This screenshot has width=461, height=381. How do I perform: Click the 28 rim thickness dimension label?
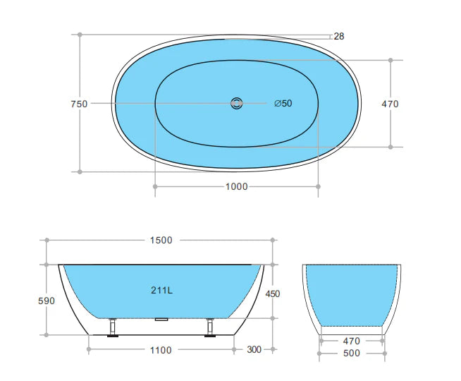pyautogui.click(x=339, y=36)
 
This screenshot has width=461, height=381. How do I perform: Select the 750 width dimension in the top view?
pyautogui.click(x=79, y=104)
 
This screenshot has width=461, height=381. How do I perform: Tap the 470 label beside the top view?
pyautogui.click(x=390, y=104)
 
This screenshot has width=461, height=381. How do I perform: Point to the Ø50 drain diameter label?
pyautogui.click(x=283, y=104)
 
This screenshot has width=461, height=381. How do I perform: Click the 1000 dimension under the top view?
pyautogui.click(x=236, y=186)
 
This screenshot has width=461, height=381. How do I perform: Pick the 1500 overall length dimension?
pyautogui.click(x=161, y=240)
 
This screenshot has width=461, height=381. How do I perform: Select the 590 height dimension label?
pyautogui.click(x=46, y=301)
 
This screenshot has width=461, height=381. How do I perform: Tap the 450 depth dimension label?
pyautogui.click(x=273, y=294)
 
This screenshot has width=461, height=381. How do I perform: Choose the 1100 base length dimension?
pyautogui.click(x=160, y=349)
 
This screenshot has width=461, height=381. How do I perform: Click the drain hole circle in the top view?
pyautogui.click(x=236, y=104)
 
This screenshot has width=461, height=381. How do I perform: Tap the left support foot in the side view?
pyautogui.click(x=111, y=329)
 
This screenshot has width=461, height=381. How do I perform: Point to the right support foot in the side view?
pyautogui.click(x=209, y=329)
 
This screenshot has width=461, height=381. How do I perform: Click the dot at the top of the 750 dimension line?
pyautogui.click(x=80, y=34)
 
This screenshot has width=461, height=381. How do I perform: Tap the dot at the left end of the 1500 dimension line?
pyautogui.click(x=47, y=240)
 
